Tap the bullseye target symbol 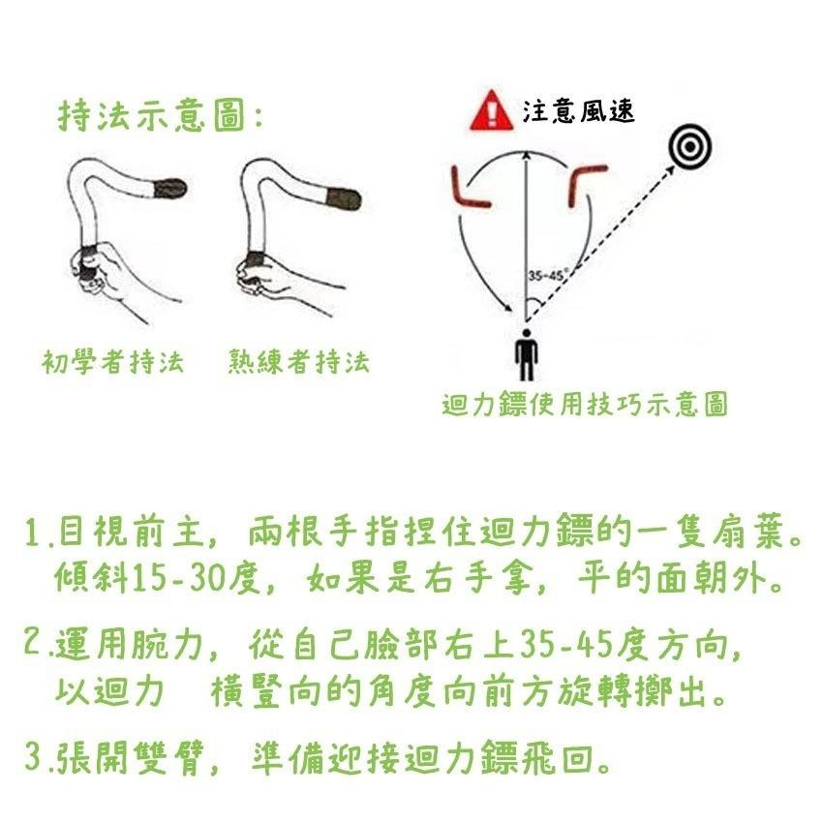click(x=689, y=148)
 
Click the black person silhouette click(x=526, y=355)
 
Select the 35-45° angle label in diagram click(x=547, y=275)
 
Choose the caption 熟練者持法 click(x=298, y=363)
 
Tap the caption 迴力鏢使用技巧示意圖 click(x=584, y=405)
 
